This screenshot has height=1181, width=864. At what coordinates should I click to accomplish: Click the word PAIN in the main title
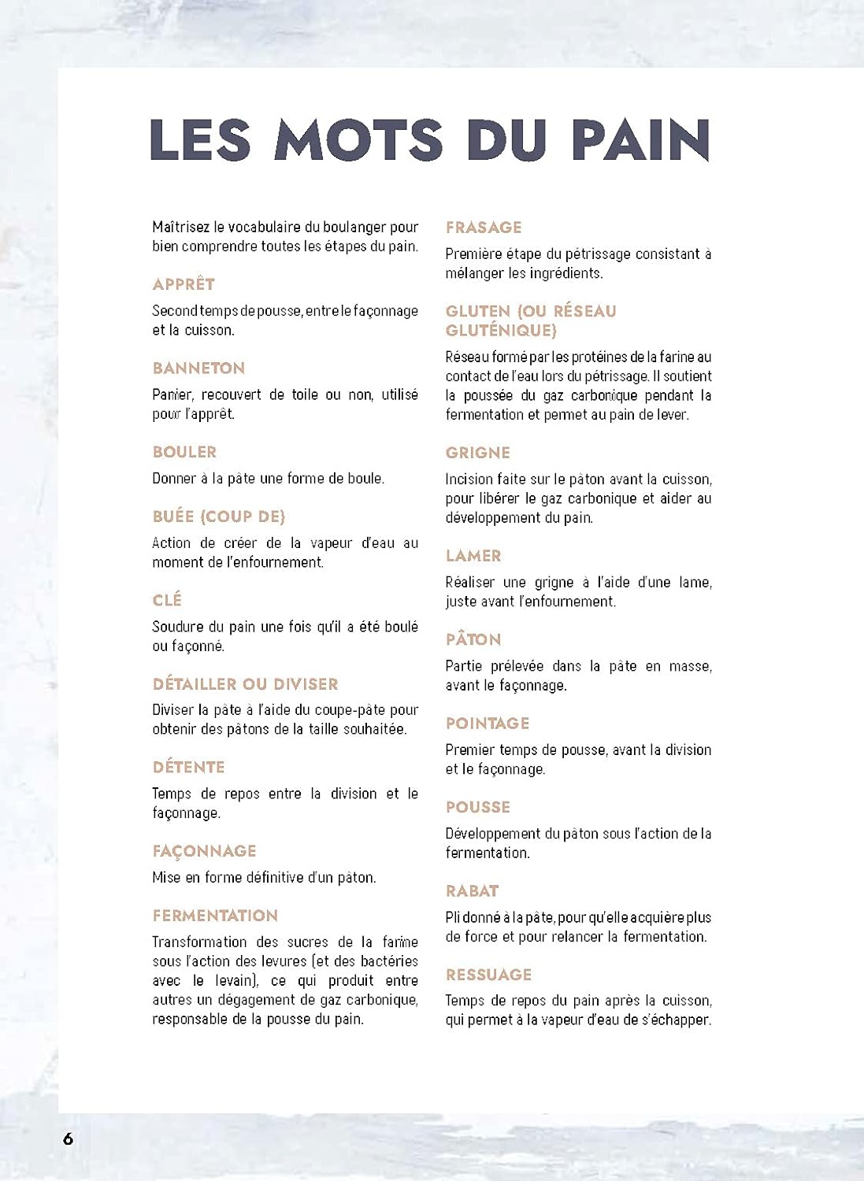(640, 140)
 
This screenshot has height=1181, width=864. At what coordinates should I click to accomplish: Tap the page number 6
(69, 1138)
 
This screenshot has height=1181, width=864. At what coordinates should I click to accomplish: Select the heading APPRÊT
(184, 284)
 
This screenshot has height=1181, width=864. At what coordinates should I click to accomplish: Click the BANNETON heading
(198, 368)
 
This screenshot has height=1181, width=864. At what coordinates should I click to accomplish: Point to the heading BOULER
(184, 452)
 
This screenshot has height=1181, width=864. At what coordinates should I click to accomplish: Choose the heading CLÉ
(167, 600)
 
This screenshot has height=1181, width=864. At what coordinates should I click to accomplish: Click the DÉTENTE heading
(189, 767)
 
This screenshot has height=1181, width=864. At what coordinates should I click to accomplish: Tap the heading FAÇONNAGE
(204, 851)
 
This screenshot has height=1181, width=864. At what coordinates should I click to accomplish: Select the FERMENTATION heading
(215, 916)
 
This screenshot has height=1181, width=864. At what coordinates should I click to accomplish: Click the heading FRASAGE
(484, 228)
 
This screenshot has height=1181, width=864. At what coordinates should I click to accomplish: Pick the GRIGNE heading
(477, 453)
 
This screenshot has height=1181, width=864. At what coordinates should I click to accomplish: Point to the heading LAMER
(473, 556)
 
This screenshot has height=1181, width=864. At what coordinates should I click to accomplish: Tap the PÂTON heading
(473, 639)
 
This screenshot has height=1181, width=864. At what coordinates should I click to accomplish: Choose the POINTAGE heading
(488, 724)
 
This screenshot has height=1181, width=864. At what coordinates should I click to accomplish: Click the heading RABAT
(472, 891)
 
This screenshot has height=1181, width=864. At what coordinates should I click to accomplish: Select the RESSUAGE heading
(488, 975)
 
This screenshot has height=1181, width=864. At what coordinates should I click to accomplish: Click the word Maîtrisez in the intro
(181, 228)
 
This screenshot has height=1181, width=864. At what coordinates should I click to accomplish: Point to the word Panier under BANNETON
(172, 394)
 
